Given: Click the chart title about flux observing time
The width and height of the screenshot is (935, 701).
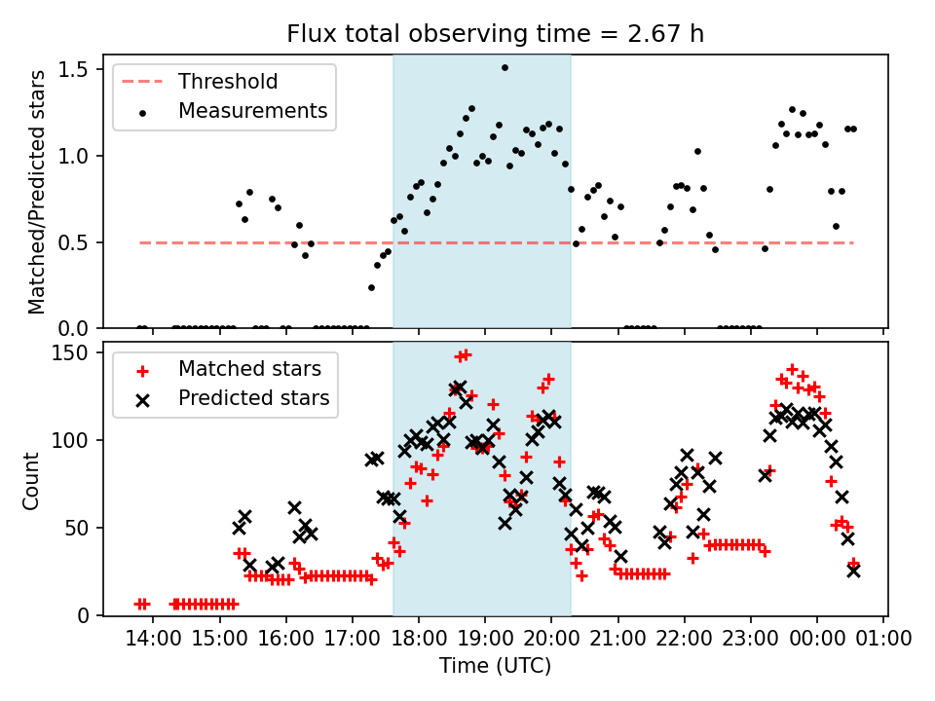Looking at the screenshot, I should click(x=495, y=34).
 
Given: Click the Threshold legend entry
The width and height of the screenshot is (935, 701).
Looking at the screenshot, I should click(x=228, y=82).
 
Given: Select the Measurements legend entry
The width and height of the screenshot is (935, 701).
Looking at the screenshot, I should click(x=252, y=111).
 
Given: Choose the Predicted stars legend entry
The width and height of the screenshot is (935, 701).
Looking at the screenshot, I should click(x=253, y=398).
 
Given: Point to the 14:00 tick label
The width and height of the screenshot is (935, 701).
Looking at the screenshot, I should click(x=153, y=640).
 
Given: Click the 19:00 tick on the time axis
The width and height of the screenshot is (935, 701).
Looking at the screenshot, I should click(x=485, y=640).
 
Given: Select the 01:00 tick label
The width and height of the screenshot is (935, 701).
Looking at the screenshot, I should click(x=883, y=640).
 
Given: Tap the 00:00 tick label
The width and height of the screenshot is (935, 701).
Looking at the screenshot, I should click(x=817, y=640).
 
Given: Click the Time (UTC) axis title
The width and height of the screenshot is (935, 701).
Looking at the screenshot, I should click(x=495, y=667).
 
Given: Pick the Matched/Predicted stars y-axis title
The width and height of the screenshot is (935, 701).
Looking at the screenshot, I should click(x=38, y=192).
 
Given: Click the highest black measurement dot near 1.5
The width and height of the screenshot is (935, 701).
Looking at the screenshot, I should click(x=505, y=68).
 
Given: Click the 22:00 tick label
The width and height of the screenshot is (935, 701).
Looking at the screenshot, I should click(x=684, y=640).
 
